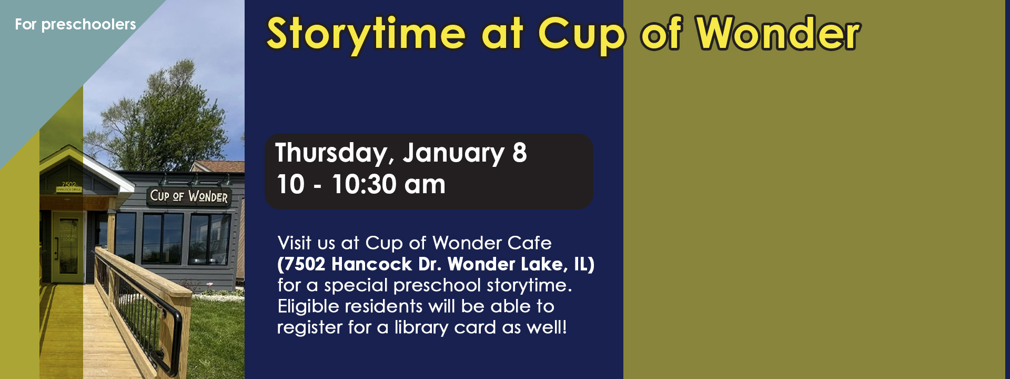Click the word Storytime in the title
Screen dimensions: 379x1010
pos(366,34)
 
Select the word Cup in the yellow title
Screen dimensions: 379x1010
pos(581,34)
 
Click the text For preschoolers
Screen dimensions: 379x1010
pos(75,24)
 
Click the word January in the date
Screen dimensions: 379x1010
pos(453,153)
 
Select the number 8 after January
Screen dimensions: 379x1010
pos(519,153)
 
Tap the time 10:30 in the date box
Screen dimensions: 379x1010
pos(364,184)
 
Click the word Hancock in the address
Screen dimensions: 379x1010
pos(372,264)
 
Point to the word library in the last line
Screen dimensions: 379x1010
pos(421,327)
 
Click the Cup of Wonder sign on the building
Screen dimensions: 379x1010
pos(189,196)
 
